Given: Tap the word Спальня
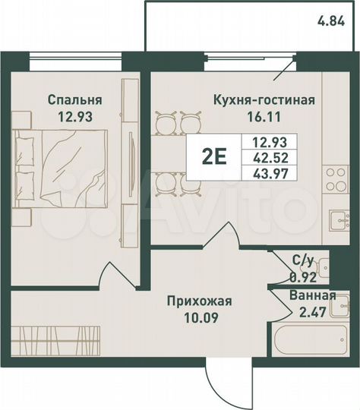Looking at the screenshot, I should (74, 99).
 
